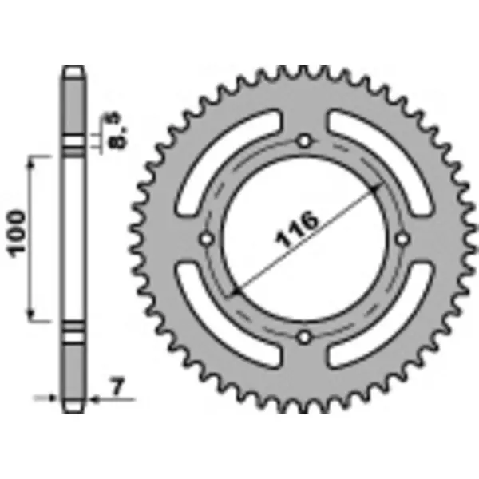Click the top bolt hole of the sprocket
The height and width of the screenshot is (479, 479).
pyautogui.click(x=303, y=141)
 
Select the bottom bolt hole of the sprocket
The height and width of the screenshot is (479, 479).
pyautogui.click(x=303, y=337)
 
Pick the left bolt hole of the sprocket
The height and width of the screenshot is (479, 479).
pyautogui.click(x=206, y=239)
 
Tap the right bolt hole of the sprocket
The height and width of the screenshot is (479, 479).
pyautogui.click(x=402, y=239)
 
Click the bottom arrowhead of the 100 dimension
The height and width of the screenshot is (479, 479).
pyautogui.click(x=34, y=317)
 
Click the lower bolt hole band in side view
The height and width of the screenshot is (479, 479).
pyautogui.click(x=73, y=330)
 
